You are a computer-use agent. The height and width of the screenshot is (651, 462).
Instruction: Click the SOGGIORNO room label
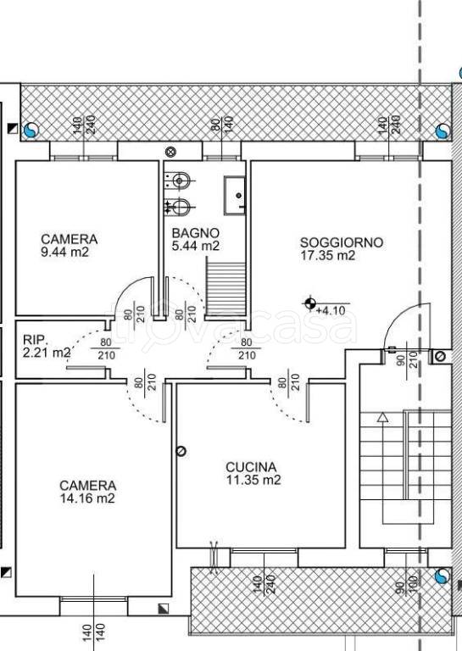click(x=342, y=242)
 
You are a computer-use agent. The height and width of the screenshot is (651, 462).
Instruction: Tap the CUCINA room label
click(x=251, y=467)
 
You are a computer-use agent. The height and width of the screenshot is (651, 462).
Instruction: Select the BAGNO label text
click(x=195, y=233)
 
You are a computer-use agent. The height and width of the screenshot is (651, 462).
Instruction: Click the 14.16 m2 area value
click(x=87, y=498)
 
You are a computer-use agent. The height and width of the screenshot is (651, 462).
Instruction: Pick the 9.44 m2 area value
click(x=64, y=252)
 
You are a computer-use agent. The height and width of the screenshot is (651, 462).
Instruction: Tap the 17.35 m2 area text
click(x=328, y=255)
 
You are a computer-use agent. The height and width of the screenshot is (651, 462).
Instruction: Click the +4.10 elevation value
click(x=331, y=310)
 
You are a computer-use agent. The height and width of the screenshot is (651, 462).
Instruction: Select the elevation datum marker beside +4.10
click(x=309, y=303)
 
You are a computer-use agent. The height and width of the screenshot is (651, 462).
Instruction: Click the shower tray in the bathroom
click(x=235, y=196)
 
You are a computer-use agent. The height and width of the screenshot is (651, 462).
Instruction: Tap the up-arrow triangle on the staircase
click(x=382, y=417)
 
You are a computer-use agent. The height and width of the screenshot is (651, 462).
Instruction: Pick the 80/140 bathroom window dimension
click(x=222, y=124)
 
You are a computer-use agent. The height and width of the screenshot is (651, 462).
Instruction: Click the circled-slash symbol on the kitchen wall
click(x=181, y=451)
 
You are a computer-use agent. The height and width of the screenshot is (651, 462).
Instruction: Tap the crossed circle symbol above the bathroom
click(x=170, y=151)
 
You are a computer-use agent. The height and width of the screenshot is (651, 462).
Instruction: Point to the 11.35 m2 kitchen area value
click(x=253, y=480)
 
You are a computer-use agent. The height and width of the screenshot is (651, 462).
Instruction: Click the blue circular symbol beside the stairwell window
click(x=443, y=576)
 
